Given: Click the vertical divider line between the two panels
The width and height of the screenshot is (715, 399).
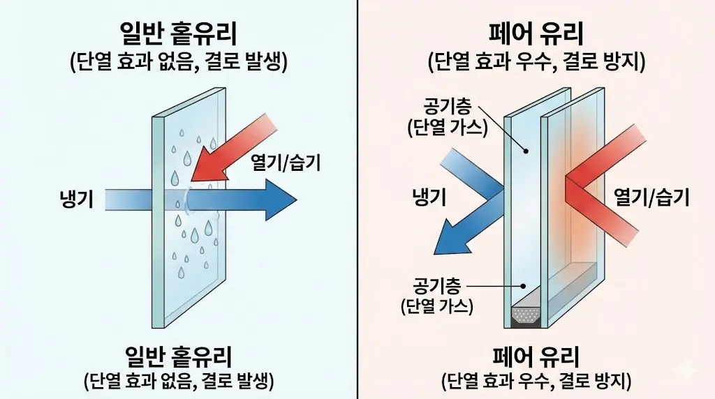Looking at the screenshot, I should pyautogui.click(x=357, y=200).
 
